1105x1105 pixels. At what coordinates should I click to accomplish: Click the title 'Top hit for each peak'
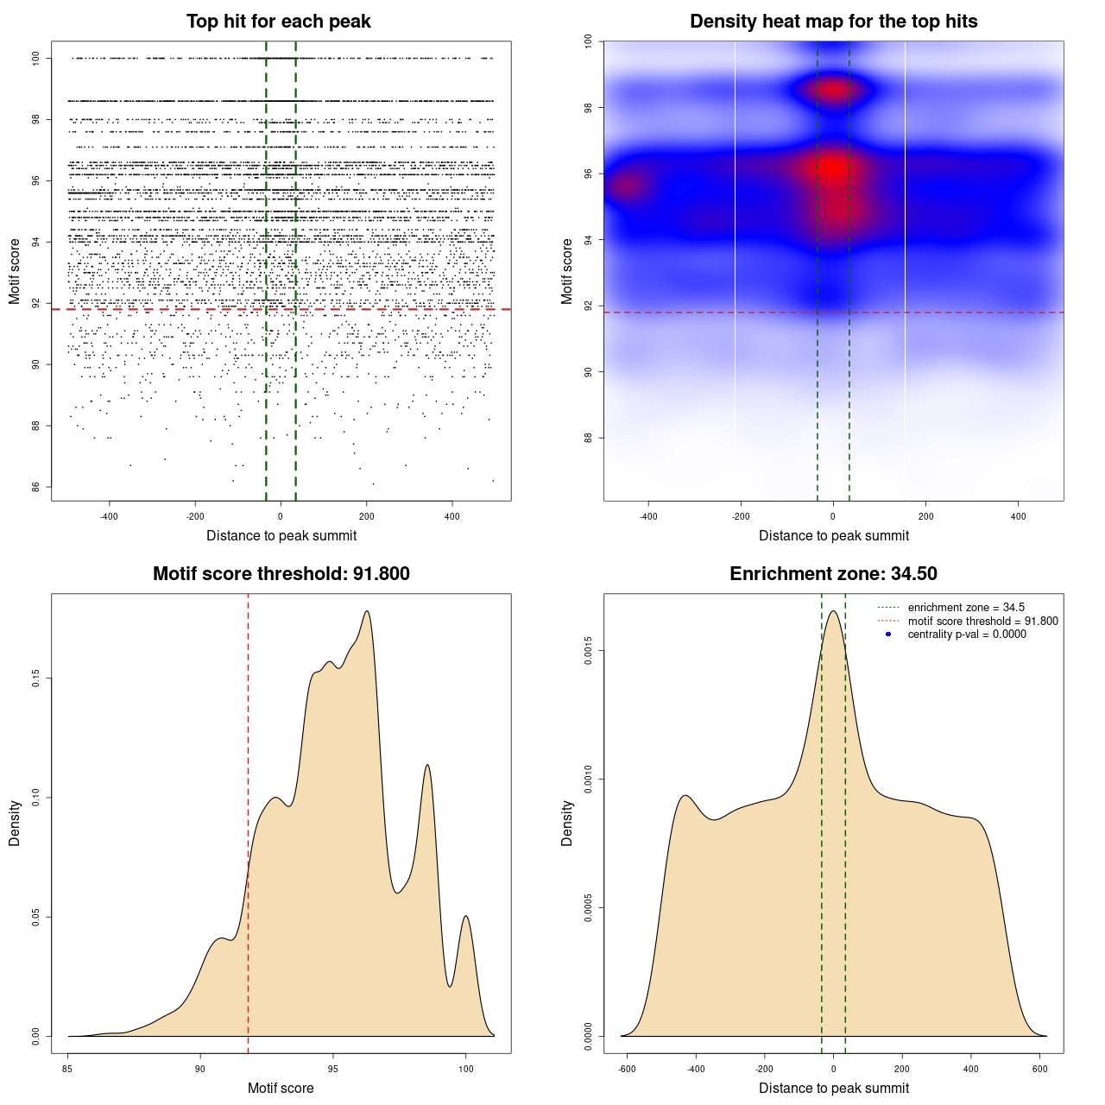coord(278,22)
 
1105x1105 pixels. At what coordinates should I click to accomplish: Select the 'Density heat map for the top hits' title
coord(833,22)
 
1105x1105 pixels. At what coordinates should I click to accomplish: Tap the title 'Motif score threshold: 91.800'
coord(281,574)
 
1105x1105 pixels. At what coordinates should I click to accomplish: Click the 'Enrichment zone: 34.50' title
coord(833,574)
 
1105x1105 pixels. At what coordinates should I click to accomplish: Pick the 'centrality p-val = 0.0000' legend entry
coord(967,635)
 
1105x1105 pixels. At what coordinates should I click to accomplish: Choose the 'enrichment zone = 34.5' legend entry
coord(966,608)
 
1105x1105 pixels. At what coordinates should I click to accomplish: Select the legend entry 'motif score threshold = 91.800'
coord(982,622)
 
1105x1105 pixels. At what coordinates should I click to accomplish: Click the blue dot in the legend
coord(888,635)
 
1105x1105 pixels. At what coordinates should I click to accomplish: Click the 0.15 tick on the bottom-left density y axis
coord(35,679)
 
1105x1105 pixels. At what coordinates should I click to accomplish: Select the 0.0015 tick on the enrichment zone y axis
coord(588,651)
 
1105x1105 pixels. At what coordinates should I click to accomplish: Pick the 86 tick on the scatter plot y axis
coord(35,487)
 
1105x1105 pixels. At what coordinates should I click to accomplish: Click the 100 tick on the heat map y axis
coord(588,41)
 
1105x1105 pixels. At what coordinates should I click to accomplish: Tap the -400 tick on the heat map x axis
coord(648,516)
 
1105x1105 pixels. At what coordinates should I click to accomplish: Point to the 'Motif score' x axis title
coord(281,1088)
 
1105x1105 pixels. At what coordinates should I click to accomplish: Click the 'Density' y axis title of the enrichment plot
coord(567,823)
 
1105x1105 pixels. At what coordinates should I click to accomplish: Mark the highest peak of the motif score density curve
coord(368,612)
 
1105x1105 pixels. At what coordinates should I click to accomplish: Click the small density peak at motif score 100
coord(466,917)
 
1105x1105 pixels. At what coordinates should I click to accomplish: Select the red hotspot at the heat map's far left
coord(628,186)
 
